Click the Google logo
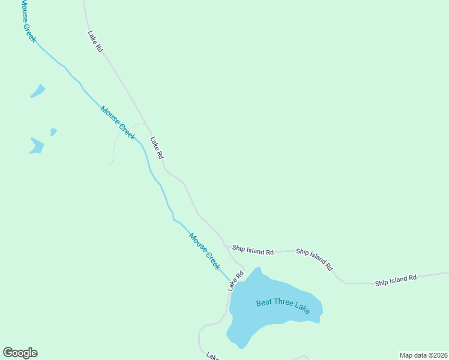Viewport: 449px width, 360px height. point(20,353)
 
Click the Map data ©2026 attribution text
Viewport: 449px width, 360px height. point(423,355)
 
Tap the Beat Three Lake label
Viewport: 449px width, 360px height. point(283,306)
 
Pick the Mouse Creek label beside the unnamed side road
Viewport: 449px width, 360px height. point(118,122)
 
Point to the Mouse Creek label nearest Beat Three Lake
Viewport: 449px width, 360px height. point(205,251)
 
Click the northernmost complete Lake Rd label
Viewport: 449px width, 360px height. point(95,41)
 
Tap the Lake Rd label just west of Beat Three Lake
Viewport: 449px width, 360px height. point(235,281)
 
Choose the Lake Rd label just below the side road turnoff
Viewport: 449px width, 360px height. point(157,148)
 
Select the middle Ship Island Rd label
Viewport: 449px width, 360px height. point(314,259)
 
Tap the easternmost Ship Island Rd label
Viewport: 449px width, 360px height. point(396,280)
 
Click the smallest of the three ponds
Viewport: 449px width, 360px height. point(53,131)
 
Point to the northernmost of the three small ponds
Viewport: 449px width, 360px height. point(38,91)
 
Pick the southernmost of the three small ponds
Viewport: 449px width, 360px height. point(37,146)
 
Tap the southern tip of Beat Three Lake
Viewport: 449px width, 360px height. point(241,346)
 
